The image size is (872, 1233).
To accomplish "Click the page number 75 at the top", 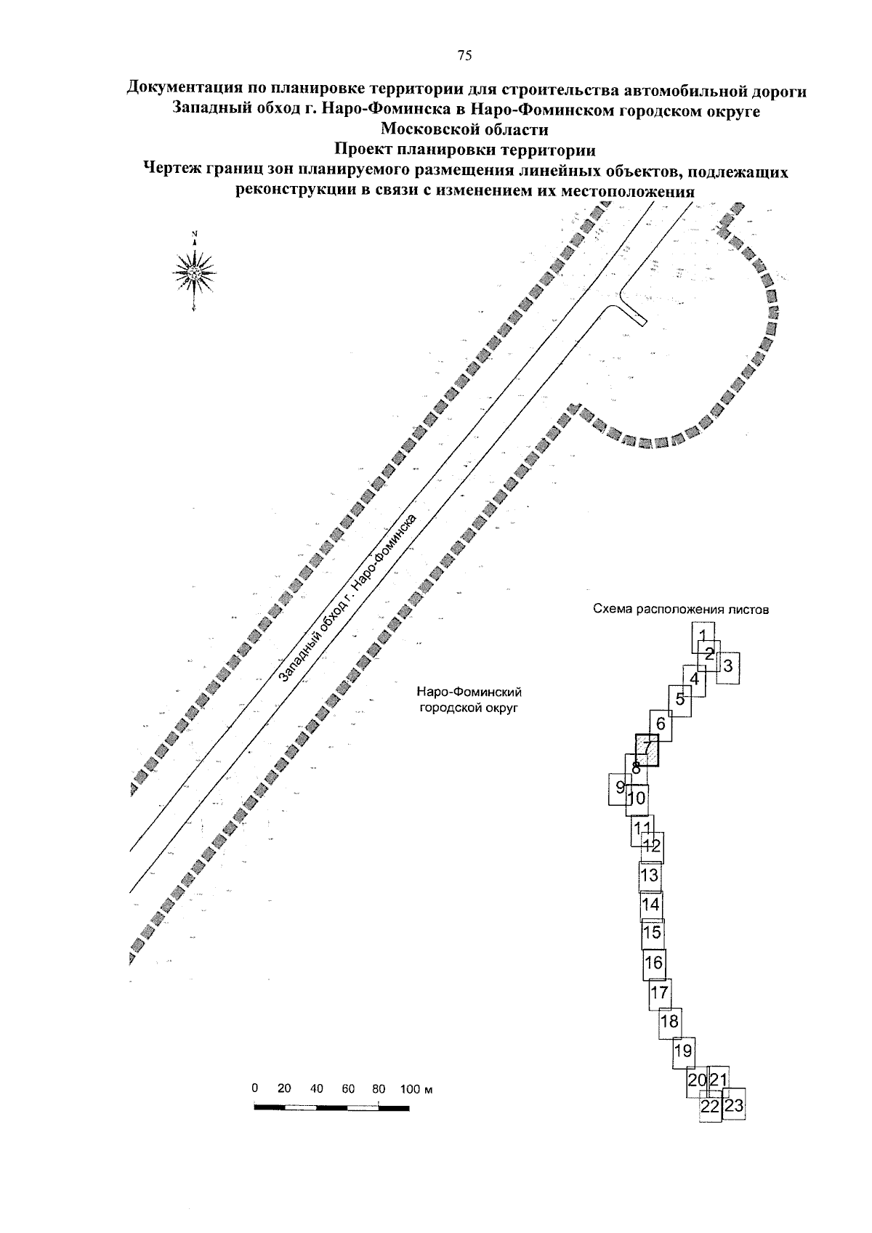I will pos(464,55).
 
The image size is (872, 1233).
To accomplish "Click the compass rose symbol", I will pos(195,272).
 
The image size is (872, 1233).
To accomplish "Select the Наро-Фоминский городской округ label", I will pos(469,700).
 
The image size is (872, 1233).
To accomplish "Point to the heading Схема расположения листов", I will pos(680,610).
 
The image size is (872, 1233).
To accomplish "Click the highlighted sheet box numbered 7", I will pos(647,748).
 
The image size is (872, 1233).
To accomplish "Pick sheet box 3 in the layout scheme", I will pos(730,665).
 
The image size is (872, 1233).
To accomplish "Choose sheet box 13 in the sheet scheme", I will pos(650,875).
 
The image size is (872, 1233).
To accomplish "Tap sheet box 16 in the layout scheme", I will pos(654,963).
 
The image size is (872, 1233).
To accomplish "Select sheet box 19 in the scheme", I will pos(683,1051).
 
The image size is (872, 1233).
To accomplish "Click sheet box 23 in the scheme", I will pos(734,1106).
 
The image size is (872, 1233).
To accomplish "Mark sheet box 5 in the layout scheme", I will pos(680,700).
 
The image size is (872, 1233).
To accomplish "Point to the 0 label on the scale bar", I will pos(255,1089).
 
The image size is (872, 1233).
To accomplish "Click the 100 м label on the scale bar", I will pos(416,1089).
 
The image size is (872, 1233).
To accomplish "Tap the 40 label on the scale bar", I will pos(317,1089).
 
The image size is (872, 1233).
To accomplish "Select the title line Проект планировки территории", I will pos(465,151).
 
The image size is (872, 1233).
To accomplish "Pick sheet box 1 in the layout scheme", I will pos(702,635).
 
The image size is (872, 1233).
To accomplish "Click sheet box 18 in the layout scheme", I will pos(669,1022).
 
